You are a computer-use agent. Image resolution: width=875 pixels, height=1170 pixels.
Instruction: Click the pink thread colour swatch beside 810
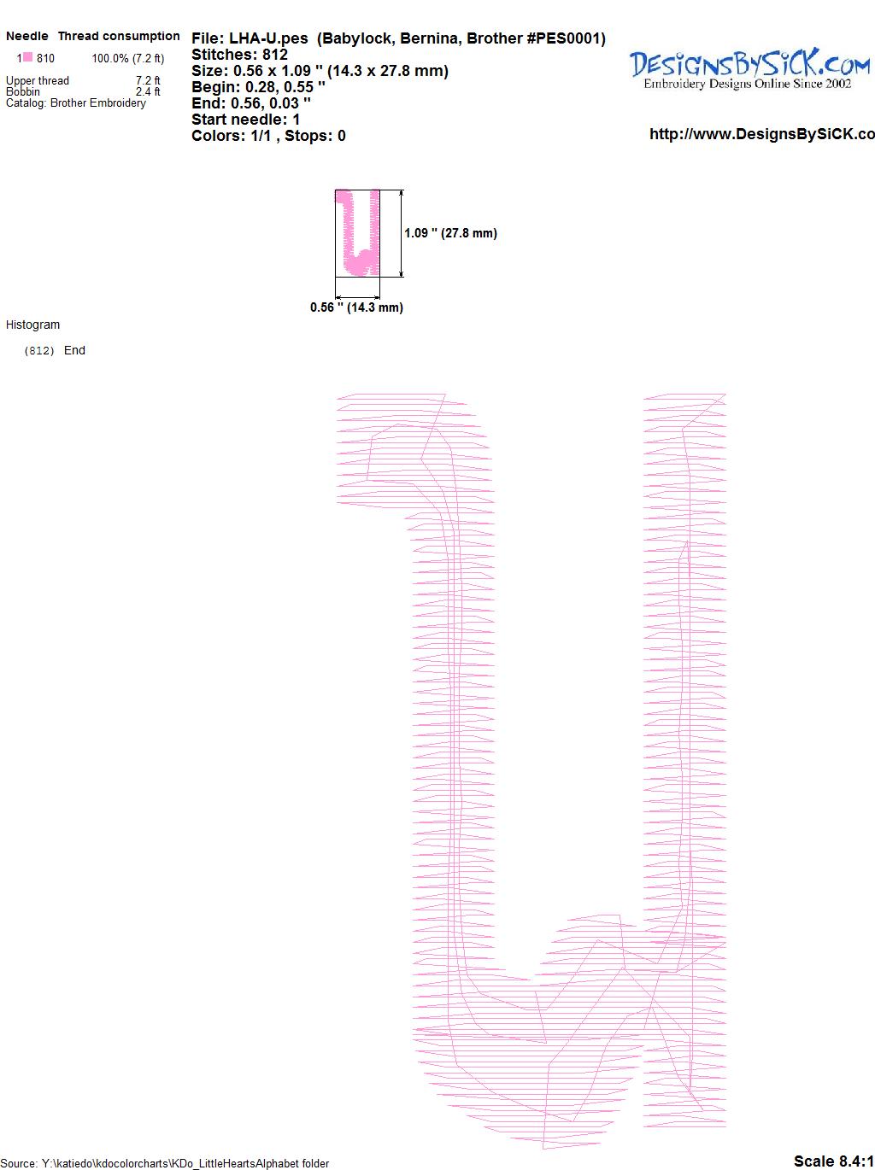click(x=27, y=57)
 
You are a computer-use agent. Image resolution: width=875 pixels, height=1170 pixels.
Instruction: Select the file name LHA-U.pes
click(x=268, y=39)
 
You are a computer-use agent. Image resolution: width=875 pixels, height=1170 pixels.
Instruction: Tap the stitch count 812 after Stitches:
click(x=274, y=55)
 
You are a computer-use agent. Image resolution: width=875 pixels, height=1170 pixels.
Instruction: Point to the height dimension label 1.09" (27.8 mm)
click(x=450, y=233)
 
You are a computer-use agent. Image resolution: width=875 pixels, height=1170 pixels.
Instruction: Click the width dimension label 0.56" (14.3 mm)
click(x=356, y=307)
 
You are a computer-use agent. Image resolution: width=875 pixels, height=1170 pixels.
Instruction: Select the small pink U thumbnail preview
click(x=357, y=232)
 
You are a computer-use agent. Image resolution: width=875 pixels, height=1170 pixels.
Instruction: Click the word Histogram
click(x=32, y=325)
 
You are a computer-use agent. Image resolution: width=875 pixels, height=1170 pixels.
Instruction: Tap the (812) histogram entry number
click(x=39, y=351)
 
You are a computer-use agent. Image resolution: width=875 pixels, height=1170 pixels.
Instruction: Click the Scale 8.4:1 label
click(x=834, y=1161)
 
